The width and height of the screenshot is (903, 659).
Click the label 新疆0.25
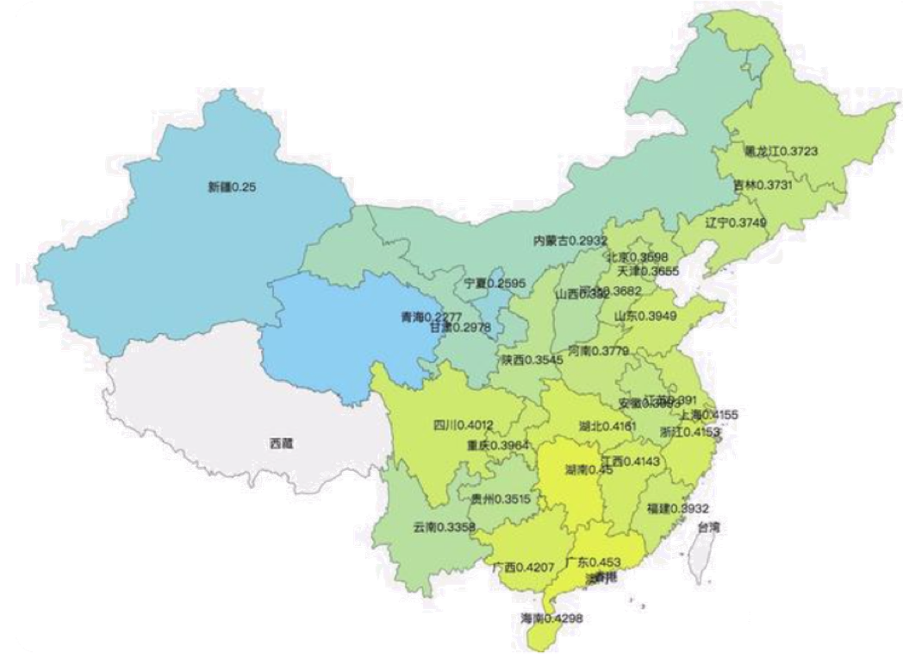(229, 186)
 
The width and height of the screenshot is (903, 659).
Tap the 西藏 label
(281, 444)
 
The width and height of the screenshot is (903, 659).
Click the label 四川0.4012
(463, 424)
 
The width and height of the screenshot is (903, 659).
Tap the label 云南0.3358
(444, 526)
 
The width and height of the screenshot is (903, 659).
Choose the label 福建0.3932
(678, 508)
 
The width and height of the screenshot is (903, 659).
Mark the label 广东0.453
(593, 562)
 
